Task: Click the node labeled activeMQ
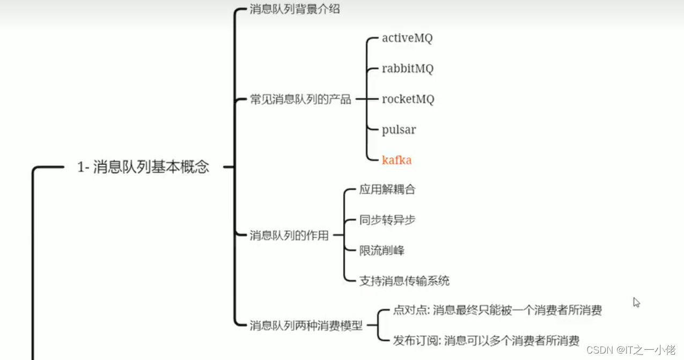(407, 38)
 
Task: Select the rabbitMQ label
(408, 69)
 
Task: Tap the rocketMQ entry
(408, 99)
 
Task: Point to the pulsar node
(399, 130)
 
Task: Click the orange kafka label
(396, 160)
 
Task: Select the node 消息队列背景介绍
(295, 9)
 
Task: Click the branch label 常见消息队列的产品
(300, 99)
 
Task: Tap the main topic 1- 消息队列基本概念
(143, 167)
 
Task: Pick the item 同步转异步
(387, 220)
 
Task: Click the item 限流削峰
(382, 250)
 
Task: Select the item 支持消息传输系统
(404, 281)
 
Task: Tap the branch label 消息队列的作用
(289, 235)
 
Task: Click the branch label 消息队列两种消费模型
(306, 325)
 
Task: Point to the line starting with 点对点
(497, 310)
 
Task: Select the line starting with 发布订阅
(486, 340)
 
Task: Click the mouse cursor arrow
(636, 302)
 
